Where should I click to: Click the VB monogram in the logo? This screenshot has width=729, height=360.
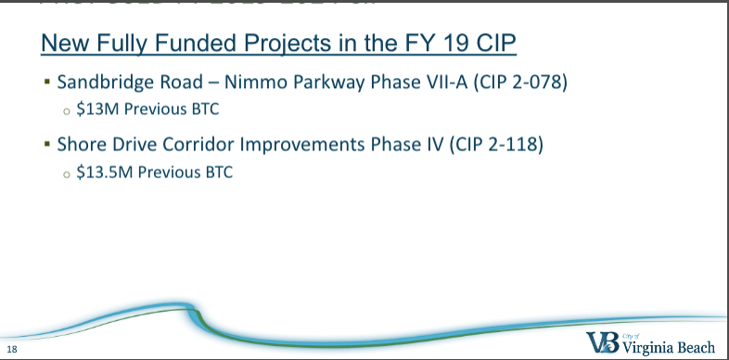602,341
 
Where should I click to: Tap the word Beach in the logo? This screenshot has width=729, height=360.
693,347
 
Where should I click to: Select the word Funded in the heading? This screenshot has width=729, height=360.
180,43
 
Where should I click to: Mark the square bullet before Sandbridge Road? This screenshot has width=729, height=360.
46,82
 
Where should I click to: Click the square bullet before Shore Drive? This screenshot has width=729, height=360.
46,147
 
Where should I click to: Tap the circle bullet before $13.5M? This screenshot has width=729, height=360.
66,174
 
